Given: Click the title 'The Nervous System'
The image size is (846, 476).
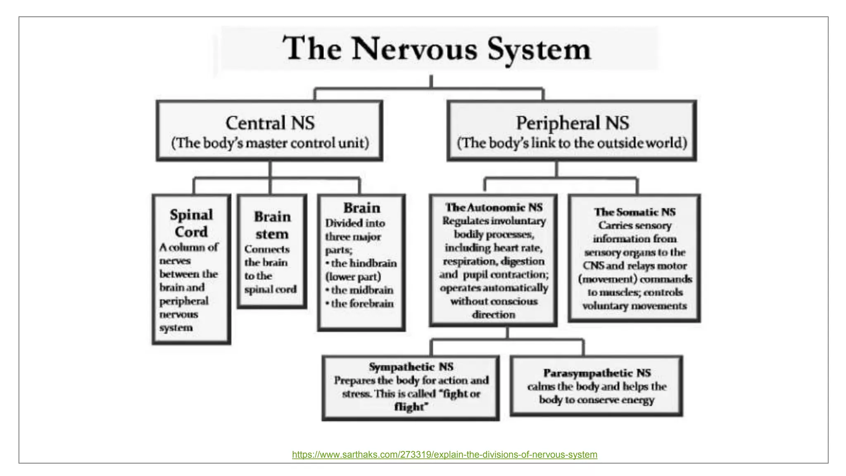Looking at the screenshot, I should click(x=437, y=49).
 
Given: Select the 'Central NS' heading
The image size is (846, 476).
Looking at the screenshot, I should click(x=270, y=123).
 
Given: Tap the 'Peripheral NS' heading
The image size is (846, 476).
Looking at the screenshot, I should click(x=572, y=123).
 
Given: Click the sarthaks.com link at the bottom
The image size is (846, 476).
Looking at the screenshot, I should click(x=444, y=455).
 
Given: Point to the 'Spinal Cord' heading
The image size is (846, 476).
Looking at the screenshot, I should click(x=191, y=223).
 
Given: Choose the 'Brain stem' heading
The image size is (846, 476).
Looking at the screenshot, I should click(x=272, y=225).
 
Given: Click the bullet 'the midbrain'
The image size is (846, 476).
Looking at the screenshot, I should click(x=361, y=290).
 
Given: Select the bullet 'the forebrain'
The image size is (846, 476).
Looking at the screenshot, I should click(x=361, y=304).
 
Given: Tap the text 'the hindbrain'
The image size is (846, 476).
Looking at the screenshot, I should click(x=363, y=263).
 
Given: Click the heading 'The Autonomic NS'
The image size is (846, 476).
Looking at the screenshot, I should click(x=494, y=207).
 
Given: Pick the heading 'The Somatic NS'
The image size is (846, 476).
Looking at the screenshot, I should click(x=634, y=212).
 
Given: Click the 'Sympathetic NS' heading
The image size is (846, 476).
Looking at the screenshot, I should click(x=411, y=367).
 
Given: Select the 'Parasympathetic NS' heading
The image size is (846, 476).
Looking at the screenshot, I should click(x=596, y=373).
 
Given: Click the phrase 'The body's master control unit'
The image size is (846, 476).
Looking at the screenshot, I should click(x=270, y=143).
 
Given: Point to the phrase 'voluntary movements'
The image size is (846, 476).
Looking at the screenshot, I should click(x=634, y=306).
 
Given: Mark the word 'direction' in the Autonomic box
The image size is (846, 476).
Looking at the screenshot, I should click(x=494, y=315).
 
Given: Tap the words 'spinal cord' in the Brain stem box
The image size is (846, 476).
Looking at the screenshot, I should click(x=270, y=289).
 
